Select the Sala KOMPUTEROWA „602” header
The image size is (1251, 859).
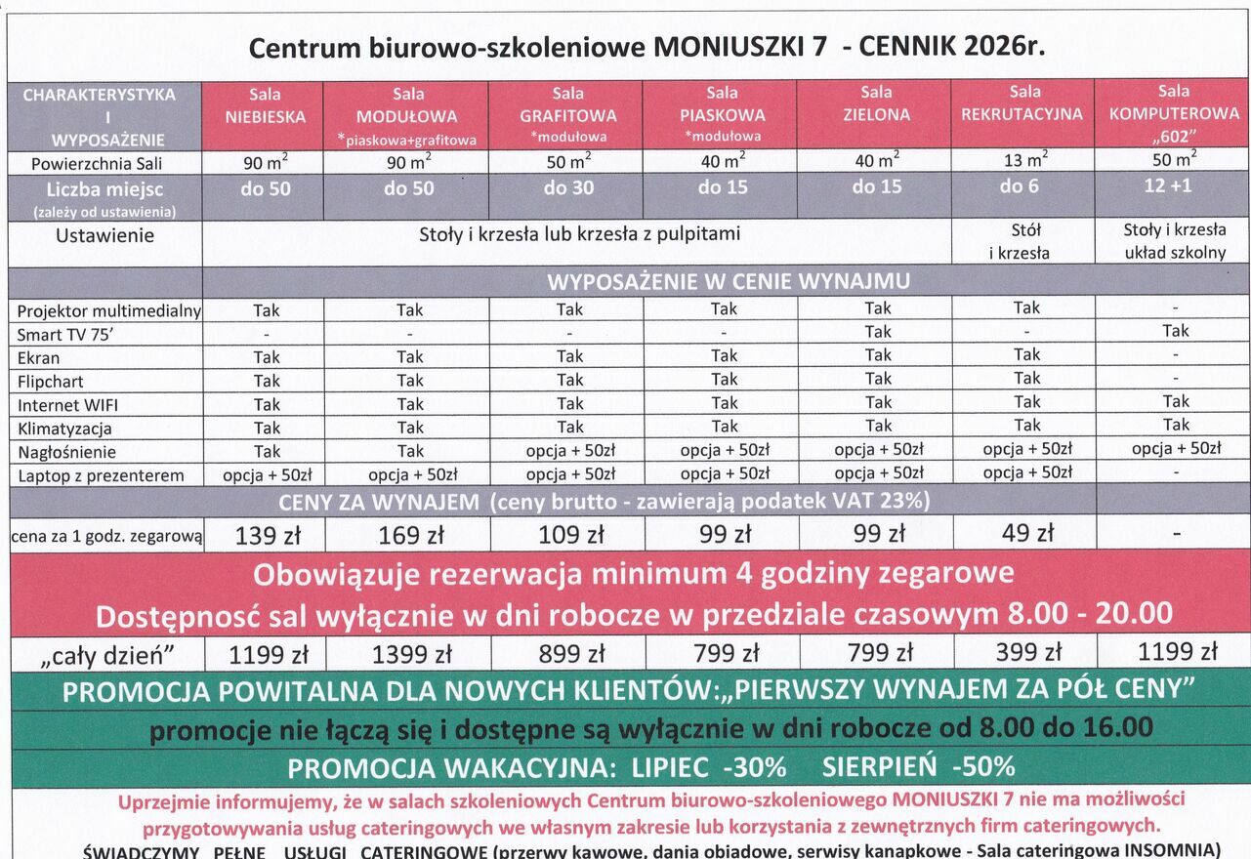[x=1173, y=113]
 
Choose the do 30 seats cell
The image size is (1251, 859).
[x=568, y=187]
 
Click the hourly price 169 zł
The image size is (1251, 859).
[x=410, y=535]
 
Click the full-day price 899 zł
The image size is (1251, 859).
[x=571, y=653]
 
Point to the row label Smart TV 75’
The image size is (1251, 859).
[x=66, y=335]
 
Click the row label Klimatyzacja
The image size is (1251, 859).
[x=64, y=429]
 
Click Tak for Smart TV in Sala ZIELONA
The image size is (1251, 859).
[x=877, y=332]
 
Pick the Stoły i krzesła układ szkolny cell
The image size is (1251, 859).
[x=1174, y=241]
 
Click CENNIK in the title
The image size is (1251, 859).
[x=905, y=47]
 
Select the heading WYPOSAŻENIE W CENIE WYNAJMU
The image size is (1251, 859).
[x=728, y=282]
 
